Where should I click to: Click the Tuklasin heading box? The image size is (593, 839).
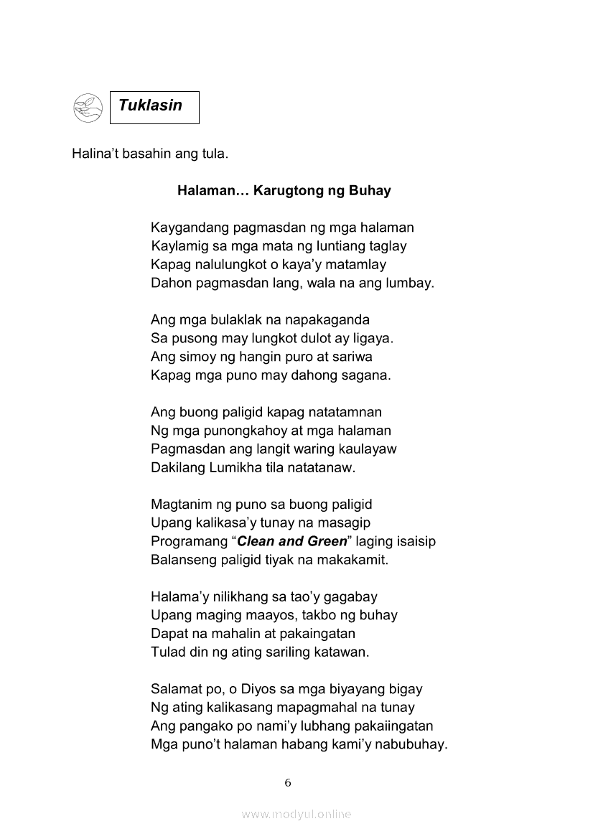click(154, 107)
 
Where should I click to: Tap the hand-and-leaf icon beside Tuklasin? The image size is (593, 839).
click(88, 108)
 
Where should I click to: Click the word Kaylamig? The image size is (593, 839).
click(175, 246)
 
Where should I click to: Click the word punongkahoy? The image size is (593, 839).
click(227, 431)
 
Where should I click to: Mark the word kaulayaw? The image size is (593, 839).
click(368, 449)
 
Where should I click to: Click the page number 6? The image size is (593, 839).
click(288, 783)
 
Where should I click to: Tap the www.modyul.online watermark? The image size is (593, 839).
click(296, 814)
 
